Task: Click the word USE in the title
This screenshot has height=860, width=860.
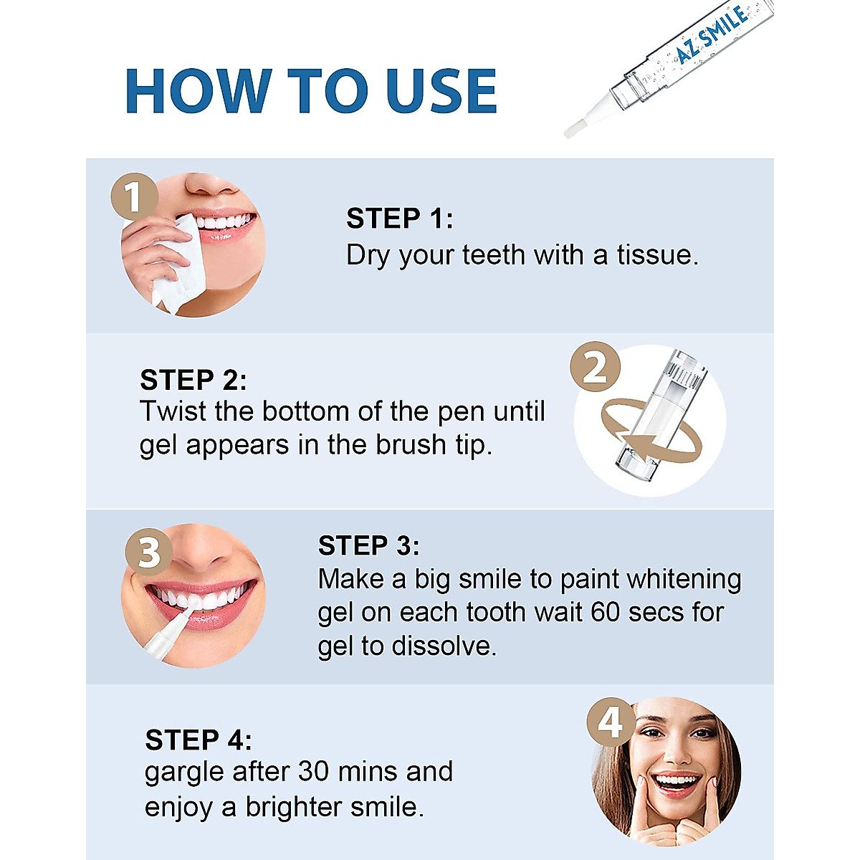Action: pyautogui.click(x=441, y=92)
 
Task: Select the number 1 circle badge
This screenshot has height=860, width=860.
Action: pyautogui.click(x=134, y=196)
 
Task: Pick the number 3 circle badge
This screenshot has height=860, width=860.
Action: pyautogui.click(x=149, y=552)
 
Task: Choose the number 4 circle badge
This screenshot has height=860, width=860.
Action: pyautogui.click(x=611, y=722)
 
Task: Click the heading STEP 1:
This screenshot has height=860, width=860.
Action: pyautogui.click(x=399, y=219)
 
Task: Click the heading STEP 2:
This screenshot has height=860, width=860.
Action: pyautogui.click(x=193, y=380)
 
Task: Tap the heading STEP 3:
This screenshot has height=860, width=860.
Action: pyautogui.click(x=368, y=546)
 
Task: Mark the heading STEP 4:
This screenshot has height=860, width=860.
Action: pyautogui.click(x=198, y=740)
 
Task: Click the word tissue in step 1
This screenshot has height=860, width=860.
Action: pyautogui.click(x=657, y=255)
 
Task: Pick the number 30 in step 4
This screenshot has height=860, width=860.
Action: pyautogui.click(x=313, y=772)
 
